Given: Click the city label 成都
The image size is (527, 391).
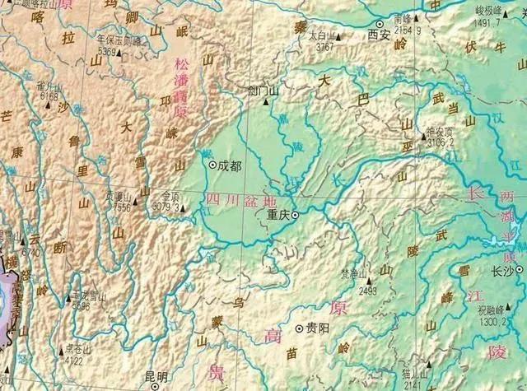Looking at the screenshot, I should coord(231,165).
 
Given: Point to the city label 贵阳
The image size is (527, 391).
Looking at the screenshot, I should coord(316,327).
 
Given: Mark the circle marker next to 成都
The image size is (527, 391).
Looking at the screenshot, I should coord(212,165).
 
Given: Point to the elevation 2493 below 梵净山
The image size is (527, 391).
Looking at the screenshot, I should coord(367,290).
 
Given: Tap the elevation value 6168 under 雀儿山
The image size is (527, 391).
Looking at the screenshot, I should coord(48,95).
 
